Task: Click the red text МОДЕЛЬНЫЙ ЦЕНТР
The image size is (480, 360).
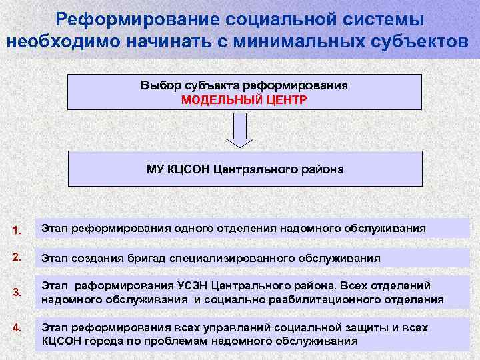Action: [245, 100]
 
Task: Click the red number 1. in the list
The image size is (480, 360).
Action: [17, 231]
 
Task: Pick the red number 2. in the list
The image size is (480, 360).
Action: [17, 255]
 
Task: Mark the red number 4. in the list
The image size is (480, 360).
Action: [17, 327]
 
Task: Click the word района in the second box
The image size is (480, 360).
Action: [322, 169]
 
